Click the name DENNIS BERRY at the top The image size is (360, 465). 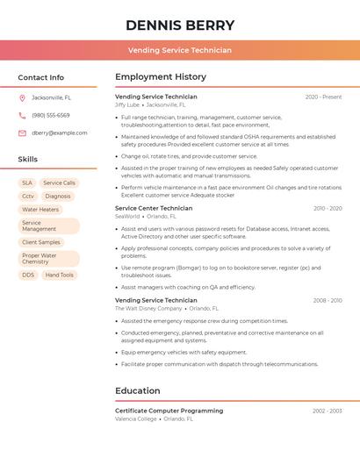tap(180, 25)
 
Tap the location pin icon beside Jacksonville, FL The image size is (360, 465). tap(22, 97)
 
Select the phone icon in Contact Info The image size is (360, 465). tap(22, 115)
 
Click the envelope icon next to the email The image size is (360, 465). tap(22, 132)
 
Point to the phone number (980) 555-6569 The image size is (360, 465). tap(51, 115)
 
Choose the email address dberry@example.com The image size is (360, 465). tap(60, 132)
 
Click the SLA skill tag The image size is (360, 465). tap(27, 183)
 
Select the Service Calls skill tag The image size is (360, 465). tap(60, 183)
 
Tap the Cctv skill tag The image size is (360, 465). tap(28, 197)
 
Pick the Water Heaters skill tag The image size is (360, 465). tap(40, 210)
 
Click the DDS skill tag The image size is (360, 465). tap(28, 275)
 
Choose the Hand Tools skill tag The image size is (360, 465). tap(60, 275)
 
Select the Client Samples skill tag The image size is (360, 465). tap(41, 242)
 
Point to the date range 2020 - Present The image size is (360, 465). tap(323, 97)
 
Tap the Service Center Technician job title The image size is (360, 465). tap(154, 208)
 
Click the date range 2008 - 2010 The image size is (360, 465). tap(328, 300)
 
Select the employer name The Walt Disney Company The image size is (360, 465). tap(148, 309)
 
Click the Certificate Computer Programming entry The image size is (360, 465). tap(169, 411)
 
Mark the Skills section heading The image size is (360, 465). tap(28, 159)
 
